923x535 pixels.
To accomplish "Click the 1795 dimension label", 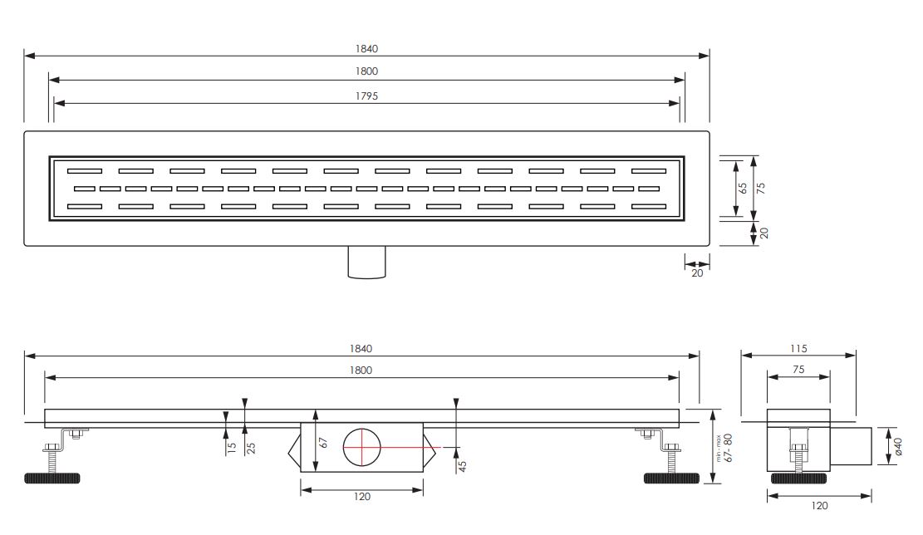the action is pyautogui.click(x=366, y=96).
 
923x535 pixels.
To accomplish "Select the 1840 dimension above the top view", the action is pyautogui.click(x=366, y=49).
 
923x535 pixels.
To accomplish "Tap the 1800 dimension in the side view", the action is pyautogui.click(x=361, y=371).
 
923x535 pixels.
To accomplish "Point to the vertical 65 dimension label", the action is pyautogui.click(x=743, y=188).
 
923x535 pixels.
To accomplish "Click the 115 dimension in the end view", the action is pyautogui.click(x=798, y=348).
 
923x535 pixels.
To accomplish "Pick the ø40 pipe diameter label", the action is pyautogui.click(x=898, y=446).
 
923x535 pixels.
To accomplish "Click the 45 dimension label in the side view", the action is pyautogui.click(x=463, y=466).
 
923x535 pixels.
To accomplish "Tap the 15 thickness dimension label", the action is pyautogui.click(x=232, y=447).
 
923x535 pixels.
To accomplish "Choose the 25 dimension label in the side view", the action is pyautogui.click(x=252, y=448).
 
